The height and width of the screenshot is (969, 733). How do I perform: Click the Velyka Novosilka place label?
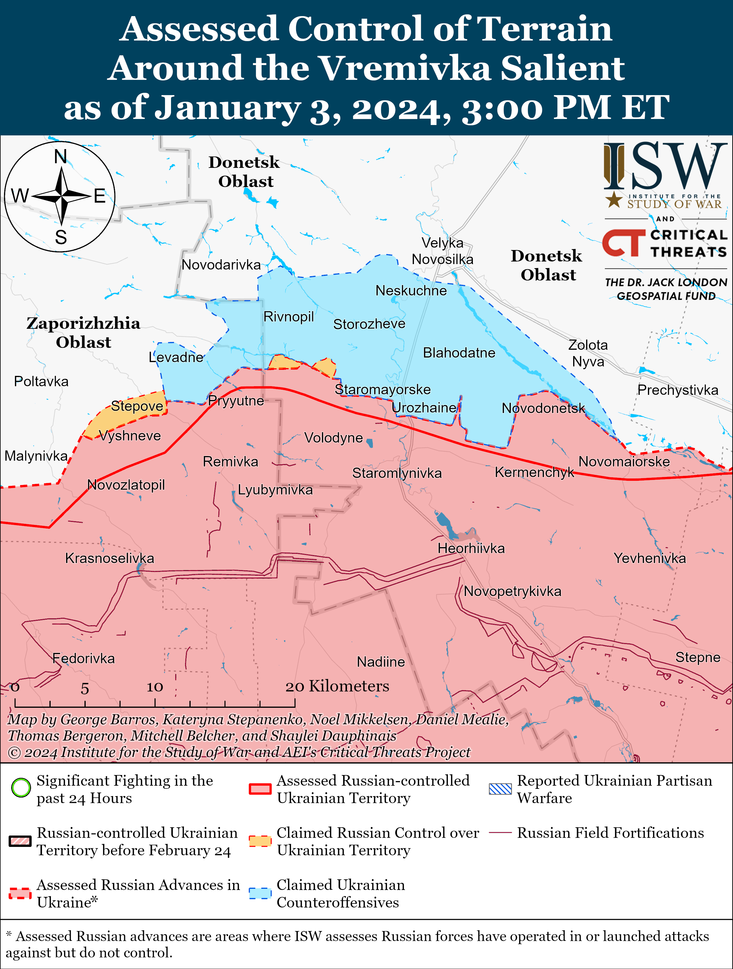click(442, 251)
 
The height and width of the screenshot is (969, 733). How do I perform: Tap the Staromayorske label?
click(383, 389)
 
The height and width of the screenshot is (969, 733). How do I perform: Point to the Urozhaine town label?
click(424, 408)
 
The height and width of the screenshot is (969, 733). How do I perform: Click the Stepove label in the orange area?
click(137, 406)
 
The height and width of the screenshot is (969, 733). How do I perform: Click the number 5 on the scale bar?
click(85, 689)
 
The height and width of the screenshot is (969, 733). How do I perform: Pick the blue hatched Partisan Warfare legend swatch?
click(500, 789)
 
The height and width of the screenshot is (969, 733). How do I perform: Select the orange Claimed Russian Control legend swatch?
click(260, 841)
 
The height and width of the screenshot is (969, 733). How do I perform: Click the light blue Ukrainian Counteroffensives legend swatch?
click(260, 893)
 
